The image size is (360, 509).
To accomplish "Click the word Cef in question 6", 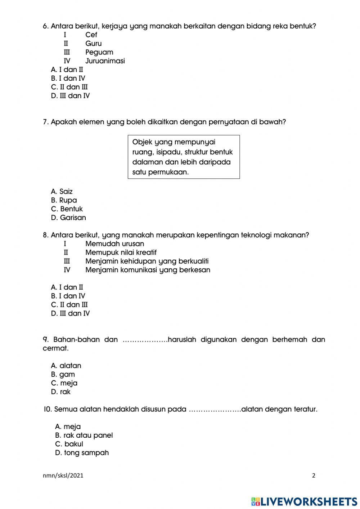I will pos(91,35).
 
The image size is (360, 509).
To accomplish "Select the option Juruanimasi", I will pos(105,61).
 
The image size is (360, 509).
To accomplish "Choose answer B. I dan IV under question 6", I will pos(68,78).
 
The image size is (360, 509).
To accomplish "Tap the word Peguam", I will pos(99,52).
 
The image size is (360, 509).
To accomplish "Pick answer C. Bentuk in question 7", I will pos(67,209).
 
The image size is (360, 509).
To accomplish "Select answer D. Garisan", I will pos(68,218).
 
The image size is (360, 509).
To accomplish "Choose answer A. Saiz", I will pos(62,192).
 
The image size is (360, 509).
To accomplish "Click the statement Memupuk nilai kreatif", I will pos(121,253).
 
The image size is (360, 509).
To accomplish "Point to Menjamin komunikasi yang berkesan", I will pos(148,270).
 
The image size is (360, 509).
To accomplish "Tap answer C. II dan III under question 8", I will pos(69,305).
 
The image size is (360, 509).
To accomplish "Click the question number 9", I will pos(45,340).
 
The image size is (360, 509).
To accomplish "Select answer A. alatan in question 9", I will pos(66,366).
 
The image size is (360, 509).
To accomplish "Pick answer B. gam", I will pos(63,374).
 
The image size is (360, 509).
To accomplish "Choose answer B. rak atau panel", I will pos(84,435).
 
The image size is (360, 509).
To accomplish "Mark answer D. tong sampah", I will pos(82,453).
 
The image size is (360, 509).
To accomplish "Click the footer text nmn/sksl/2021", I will pos(63,475).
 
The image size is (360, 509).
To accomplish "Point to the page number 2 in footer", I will pos(314,475).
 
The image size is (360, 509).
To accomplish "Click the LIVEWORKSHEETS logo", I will pos(304,501).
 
